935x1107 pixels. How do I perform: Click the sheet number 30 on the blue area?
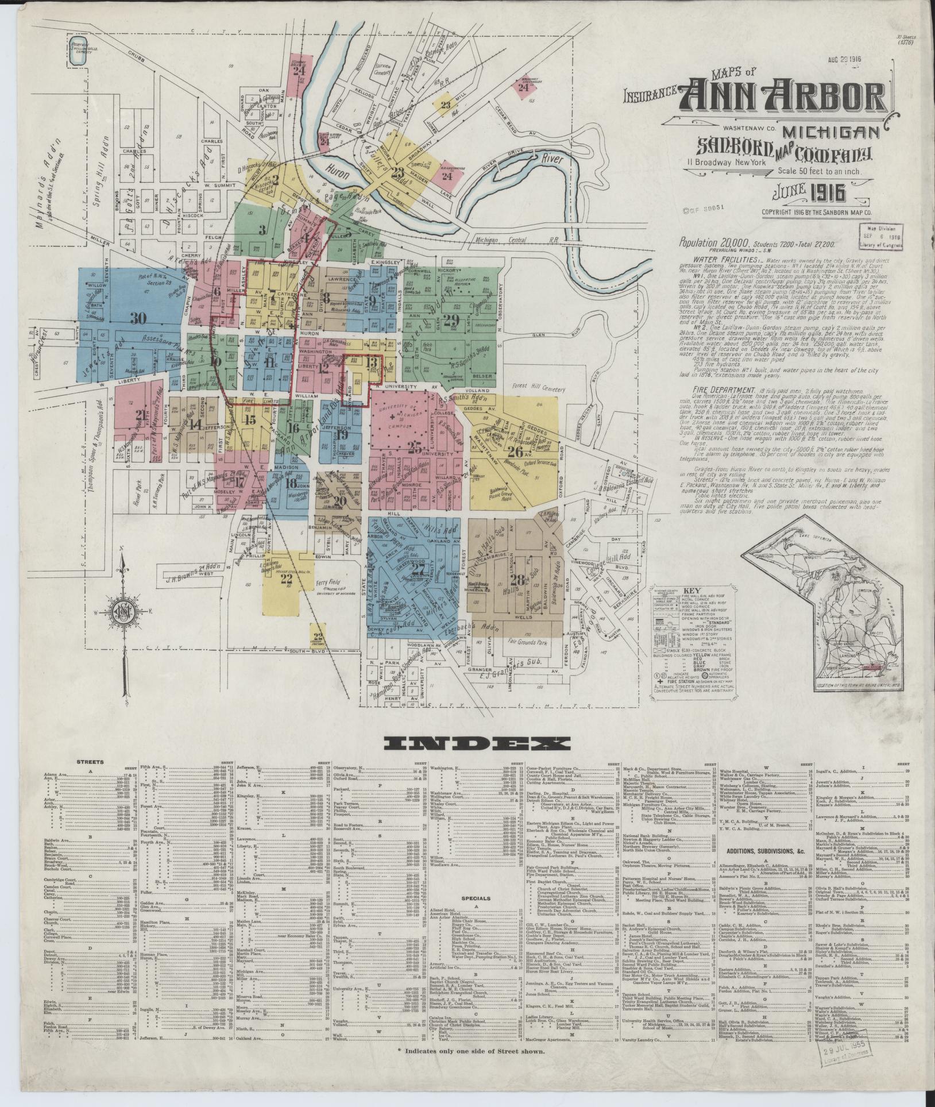(x=138, y=318)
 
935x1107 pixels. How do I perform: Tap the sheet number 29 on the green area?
(x=451, y=320)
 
